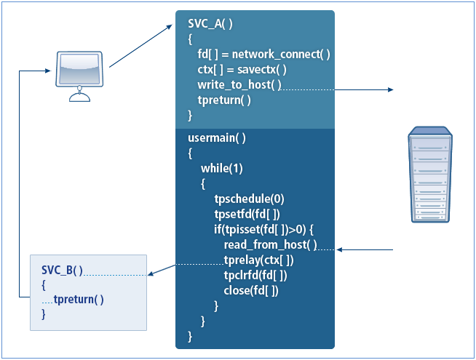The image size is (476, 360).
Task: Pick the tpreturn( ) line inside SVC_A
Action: (224, 100)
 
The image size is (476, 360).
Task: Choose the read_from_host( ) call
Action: (270, 245)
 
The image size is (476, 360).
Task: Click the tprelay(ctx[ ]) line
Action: (258, 260)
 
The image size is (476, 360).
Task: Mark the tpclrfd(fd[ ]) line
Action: (255, 276)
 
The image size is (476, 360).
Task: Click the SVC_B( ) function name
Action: (62, 271)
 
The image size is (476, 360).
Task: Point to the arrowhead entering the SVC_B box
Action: (151, 275)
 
